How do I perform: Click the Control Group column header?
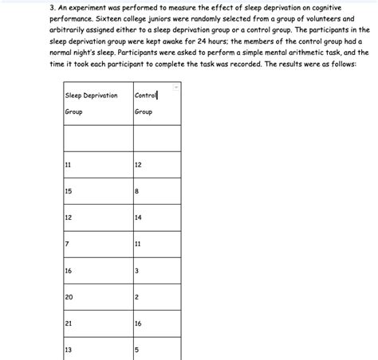[146, 104]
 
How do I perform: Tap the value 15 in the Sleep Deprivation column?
[69, 191]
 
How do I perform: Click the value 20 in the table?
[69, 297]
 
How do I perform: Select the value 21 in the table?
[69, 323]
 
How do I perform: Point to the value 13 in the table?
[69, 350]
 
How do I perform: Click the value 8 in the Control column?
[137, 191]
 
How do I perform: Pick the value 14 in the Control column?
[139, 217]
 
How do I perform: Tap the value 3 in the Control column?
[137, 271]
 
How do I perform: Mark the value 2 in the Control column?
[137, 297]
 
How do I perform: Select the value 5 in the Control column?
[137, 350]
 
